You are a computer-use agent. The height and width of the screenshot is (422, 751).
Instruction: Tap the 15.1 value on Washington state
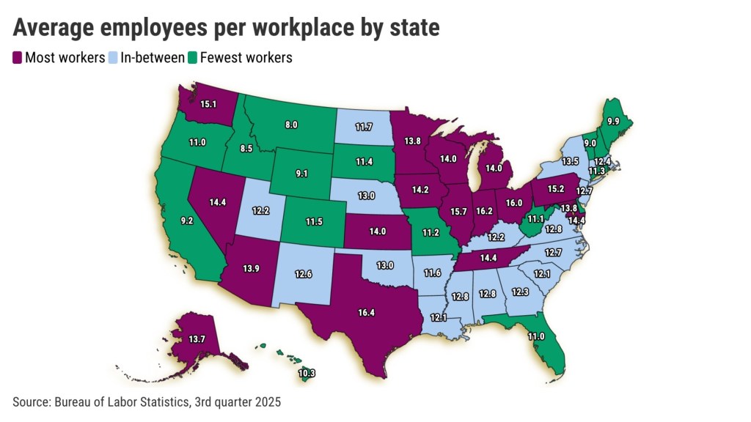(x=208, y=104)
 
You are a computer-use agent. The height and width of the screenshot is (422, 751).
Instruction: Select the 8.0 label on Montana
(x=291, y=125)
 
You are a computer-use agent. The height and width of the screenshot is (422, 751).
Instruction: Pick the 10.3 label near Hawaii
(x=307, y=374)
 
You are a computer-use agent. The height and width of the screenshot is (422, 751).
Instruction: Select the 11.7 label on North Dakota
(x=364, y=127)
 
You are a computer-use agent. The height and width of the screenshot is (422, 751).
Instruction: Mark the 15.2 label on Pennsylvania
(x=555, y=188)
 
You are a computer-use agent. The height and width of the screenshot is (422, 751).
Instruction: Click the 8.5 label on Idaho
(x=246, y=148)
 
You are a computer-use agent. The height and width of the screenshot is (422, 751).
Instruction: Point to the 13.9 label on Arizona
(x=251, y=268)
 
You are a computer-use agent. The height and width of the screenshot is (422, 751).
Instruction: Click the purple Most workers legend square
(x=18, y=58)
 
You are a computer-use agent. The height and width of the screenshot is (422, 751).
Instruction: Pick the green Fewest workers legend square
(x=192, y=58)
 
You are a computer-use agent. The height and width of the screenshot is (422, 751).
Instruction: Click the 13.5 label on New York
(x=571, y=161)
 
